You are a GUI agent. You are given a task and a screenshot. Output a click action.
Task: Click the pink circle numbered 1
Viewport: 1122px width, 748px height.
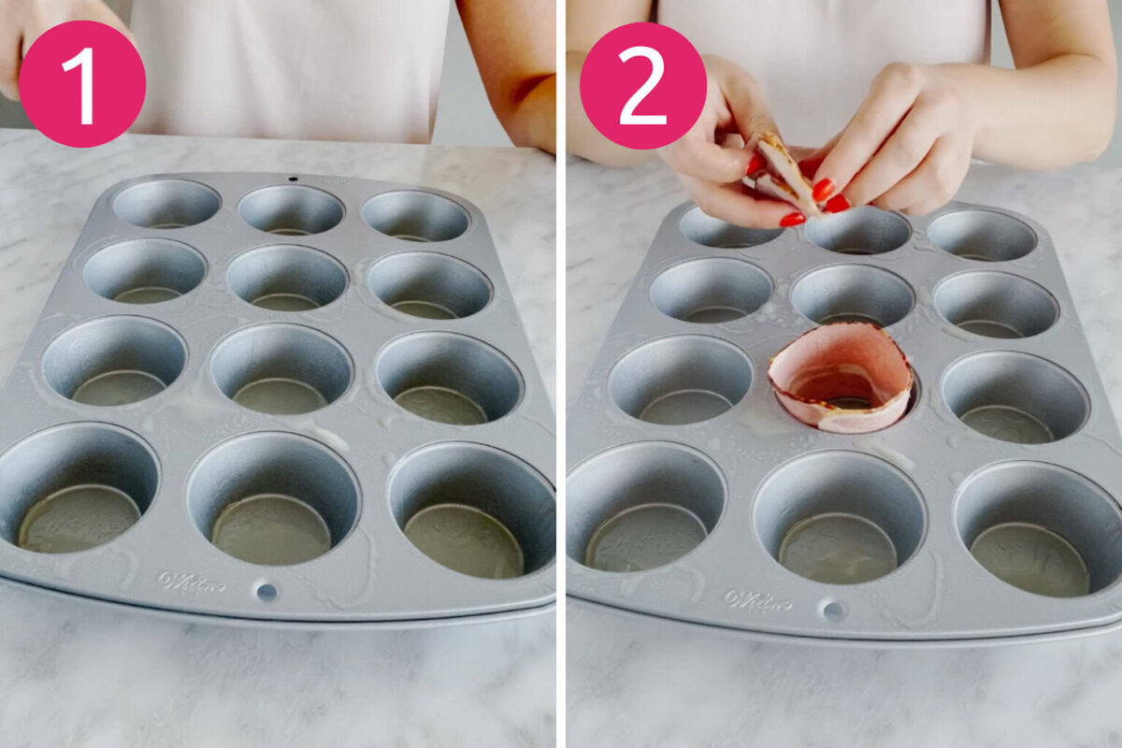[x=82, y=83]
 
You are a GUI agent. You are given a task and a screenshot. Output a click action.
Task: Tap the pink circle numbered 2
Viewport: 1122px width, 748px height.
[x=643, y=86]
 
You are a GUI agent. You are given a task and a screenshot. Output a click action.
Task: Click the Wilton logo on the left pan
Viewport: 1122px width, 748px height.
[x=191, y=581]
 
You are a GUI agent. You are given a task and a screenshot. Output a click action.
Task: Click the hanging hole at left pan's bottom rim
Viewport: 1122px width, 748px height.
[x=266, y=591]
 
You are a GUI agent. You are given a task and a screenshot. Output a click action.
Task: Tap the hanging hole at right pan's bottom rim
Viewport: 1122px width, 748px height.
[x=830, y=611]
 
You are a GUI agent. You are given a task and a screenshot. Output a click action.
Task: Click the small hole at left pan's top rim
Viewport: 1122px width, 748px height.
[x=293, y=178]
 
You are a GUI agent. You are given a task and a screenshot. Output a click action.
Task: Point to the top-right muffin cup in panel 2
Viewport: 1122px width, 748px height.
[x=982, y=235]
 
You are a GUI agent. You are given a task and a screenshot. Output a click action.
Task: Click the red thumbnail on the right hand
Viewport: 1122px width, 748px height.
[x=822, y=190]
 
